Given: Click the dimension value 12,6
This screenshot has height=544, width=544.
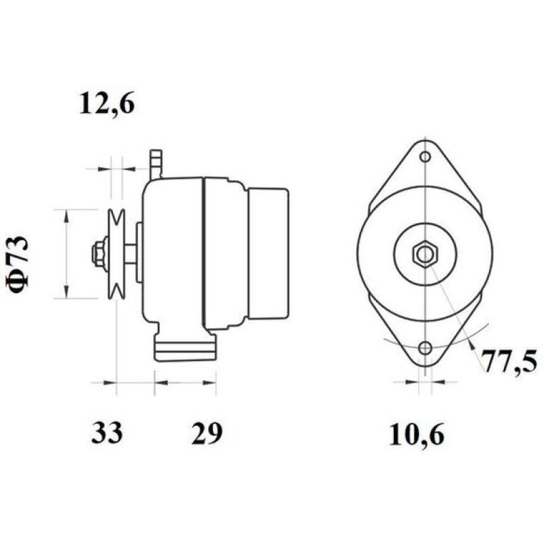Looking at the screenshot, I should (x=107, y=104).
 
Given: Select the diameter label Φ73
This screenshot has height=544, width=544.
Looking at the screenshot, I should (x=20, y=265).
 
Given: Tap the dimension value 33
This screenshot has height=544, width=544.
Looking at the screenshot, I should (x=107, y=432).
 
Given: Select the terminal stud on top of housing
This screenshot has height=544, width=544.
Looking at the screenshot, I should (x=156, y=163).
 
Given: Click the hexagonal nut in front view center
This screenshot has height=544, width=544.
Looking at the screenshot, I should (x=425, y=254).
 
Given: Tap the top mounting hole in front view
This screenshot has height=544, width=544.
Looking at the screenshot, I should (x=425, y=157).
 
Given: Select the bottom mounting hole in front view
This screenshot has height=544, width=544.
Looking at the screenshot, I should (x=425, y=349).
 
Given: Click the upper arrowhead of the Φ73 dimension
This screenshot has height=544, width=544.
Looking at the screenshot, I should (x=66, y=215).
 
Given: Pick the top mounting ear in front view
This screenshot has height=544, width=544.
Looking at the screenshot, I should (x=425, y=167).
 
